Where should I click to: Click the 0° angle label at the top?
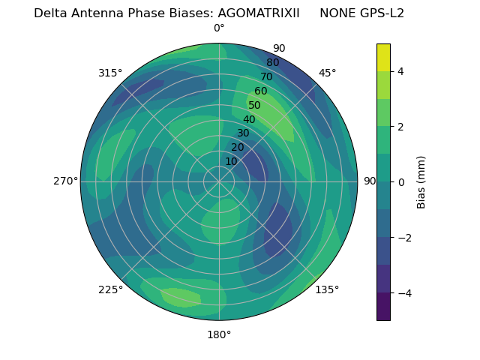219,28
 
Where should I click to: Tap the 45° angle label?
327,73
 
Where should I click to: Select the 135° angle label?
327,289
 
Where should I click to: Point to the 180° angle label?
219,334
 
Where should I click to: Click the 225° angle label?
110,289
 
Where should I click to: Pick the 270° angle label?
65,181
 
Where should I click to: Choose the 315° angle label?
110,73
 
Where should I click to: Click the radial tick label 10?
231,161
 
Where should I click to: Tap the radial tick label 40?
249,119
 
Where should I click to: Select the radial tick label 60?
261,91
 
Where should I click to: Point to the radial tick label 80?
273,62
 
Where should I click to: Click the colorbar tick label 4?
401,71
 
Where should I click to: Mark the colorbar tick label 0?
401,181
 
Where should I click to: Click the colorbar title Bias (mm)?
421,181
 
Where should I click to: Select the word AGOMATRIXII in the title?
253,13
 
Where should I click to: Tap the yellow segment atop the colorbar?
383,57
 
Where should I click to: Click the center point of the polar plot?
219,181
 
